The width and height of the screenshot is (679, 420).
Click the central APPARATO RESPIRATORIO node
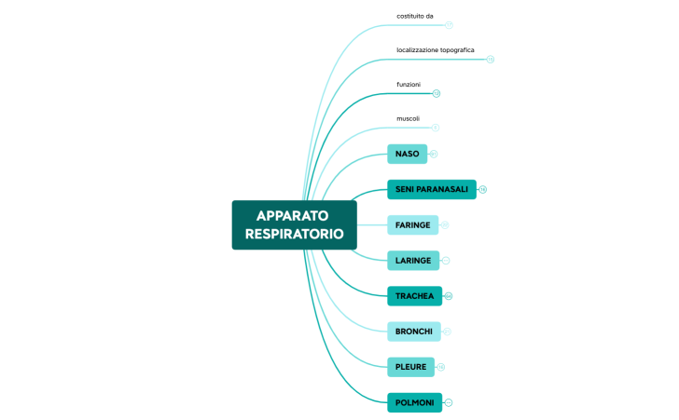tap(294, 224)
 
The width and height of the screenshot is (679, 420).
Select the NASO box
tap(408, 154)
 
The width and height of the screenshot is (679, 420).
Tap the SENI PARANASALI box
tap(431, 189)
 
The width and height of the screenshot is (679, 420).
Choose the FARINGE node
tap(412, 224)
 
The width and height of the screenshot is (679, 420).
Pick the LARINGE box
tap(412, 260)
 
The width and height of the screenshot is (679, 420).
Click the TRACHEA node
tap(414, 296)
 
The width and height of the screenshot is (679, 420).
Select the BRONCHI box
tap(413, 332)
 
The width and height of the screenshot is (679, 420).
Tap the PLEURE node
tap(410, 367)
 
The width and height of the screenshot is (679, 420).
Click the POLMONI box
tap(414, 402)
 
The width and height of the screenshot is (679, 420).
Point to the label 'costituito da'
tap(415, 16)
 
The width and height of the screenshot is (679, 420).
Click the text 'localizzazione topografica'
tap(436, 49)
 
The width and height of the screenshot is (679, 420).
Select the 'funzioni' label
tap(409, 84)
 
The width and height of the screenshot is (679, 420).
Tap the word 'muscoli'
tap(409, 118)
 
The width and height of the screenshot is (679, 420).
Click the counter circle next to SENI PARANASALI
tap(483, 190)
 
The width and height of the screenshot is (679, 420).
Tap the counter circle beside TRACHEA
tap(449, 296)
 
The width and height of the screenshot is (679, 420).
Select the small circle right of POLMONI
tap(449, 402)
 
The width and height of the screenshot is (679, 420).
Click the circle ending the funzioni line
tap(436, 93)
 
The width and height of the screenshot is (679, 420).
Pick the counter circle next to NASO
tap(434, 154)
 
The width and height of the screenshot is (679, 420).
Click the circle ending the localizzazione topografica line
tap(490, 59)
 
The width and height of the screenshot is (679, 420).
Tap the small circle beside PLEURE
tap(440, 367)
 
